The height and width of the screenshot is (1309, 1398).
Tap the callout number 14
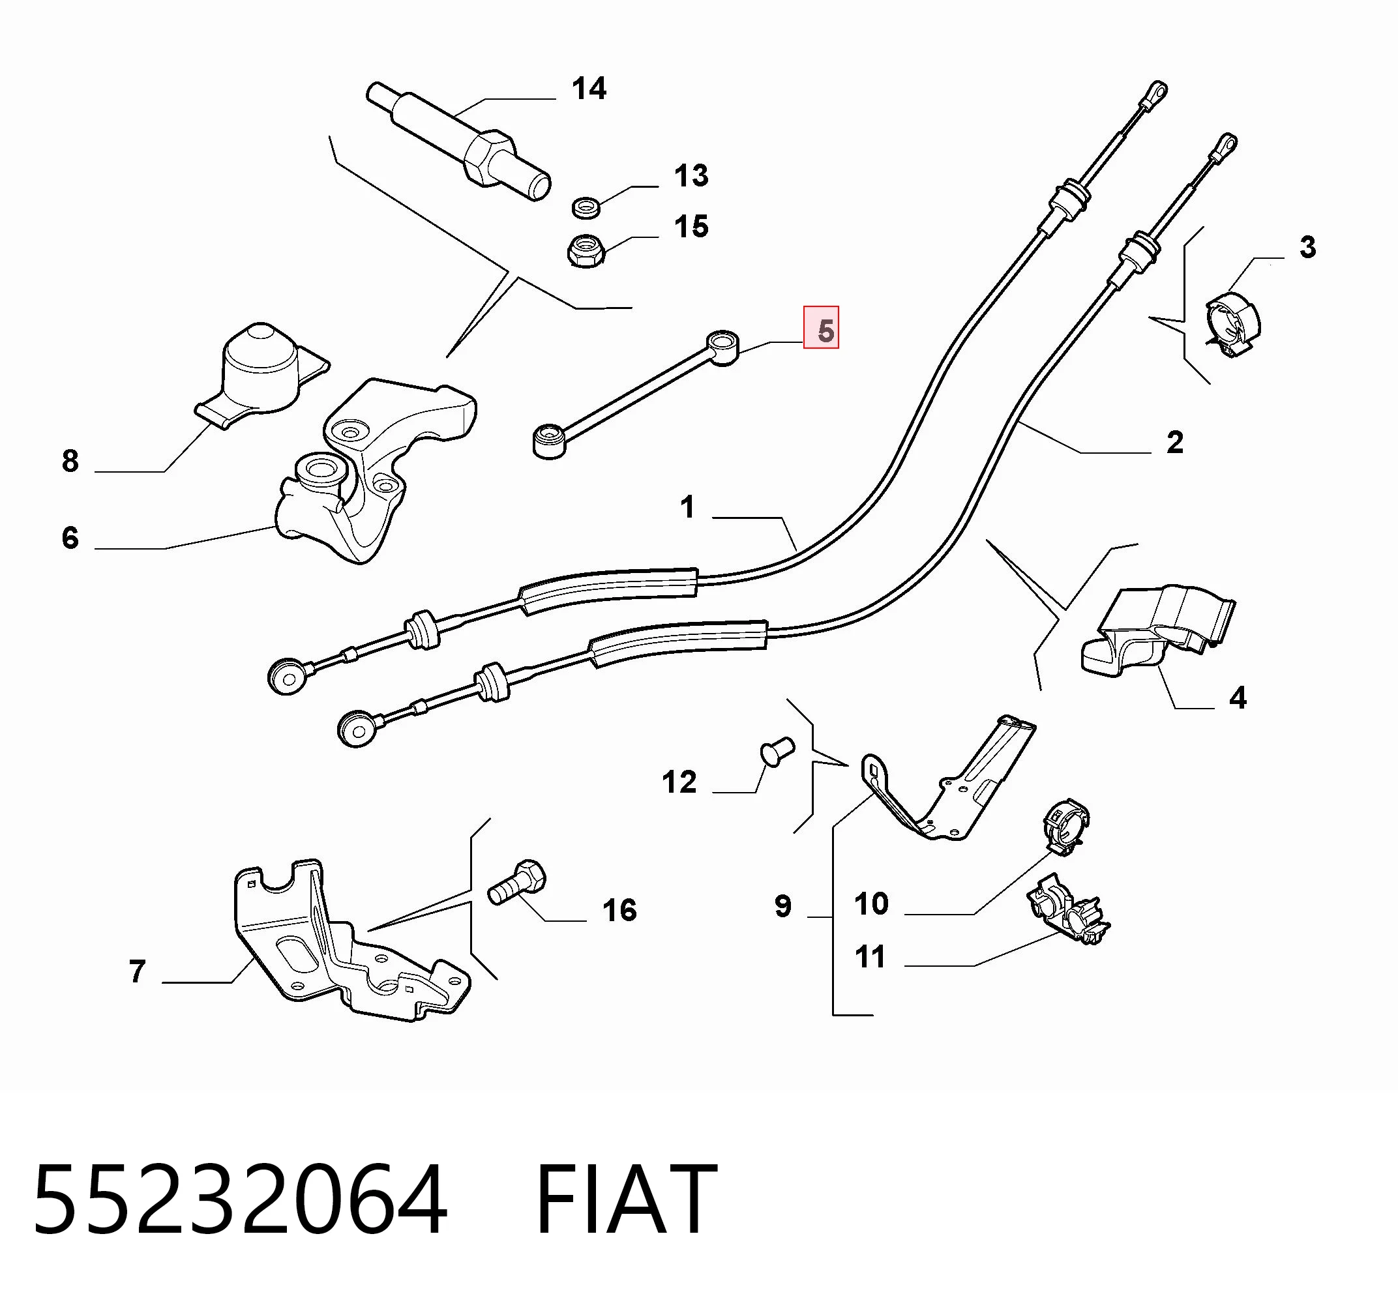click(589, 89)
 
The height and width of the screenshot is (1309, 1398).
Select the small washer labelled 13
click(586, 207)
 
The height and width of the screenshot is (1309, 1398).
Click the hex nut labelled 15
click(584, 250)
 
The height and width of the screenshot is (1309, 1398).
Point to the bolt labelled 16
click(517, 881)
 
